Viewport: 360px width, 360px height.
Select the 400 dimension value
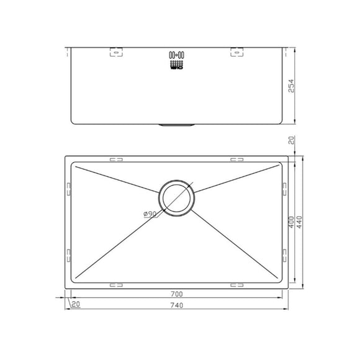pos(290,223)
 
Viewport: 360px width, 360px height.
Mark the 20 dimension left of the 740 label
pos(76,304)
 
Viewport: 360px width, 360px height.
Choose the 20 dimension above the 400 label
pos(291,142)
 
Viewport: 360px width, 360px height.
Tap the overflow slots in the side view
pos(176,60)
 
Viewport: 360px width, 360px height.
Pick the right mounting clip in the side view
pos(237,53)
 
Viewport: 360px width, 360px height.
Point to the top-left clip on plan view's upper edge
pos(116,160)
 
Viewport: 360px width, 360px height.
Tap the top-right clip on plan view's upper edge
pos(236,160)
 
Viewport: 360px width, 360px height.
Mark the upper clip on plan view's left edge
pos(68,187)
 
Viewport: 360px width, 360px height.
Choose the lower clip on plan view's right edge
pos(285,254)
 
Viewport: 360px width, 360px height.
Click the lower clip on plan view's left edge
pos(68,254)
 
